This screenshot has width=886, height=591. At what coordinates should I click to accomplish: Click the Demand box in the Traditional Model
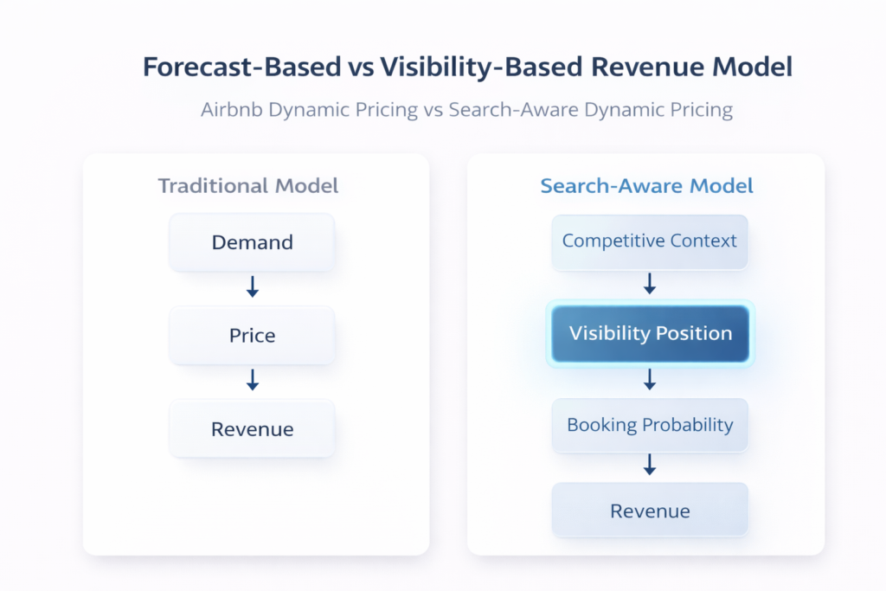(252, 242)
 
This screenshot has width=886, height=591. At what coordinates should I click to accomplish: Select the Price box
(252, 336)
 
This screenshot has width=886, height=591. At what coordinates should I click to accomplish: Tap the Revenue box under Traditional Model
(252, 429)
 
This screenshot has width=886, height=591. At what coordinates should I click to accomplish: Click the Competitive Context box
(650, 241)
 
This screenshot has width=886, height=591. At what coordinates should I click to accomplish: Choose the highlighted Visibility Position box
(650, 333)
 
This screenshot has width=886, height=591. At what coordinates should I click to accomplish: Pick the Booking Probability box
(650, 425)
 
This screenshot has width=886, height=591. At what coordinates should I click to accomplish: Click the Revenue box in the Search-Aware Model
(650, 511)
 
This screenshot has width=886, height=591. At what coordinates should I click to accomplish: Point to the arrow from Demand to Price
(252, 288)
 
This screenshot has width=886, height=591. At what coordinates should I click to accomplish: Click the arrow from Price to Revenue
(252, 380)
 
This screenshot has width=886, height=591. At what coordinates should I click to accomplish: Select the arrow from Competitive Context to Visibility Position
(650, 284)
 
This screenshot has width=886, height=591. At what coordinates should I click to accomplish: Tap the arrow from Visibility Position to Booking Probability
(650, 379)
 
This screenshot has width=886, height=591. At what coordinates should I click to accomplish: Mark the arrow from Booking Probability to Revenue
(650, 465)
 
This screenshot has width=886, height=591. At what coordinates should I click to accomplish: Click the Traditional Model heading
(247, 185)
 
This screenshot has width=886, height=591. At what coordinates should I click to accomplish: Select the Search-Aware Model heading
(646, 185)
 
